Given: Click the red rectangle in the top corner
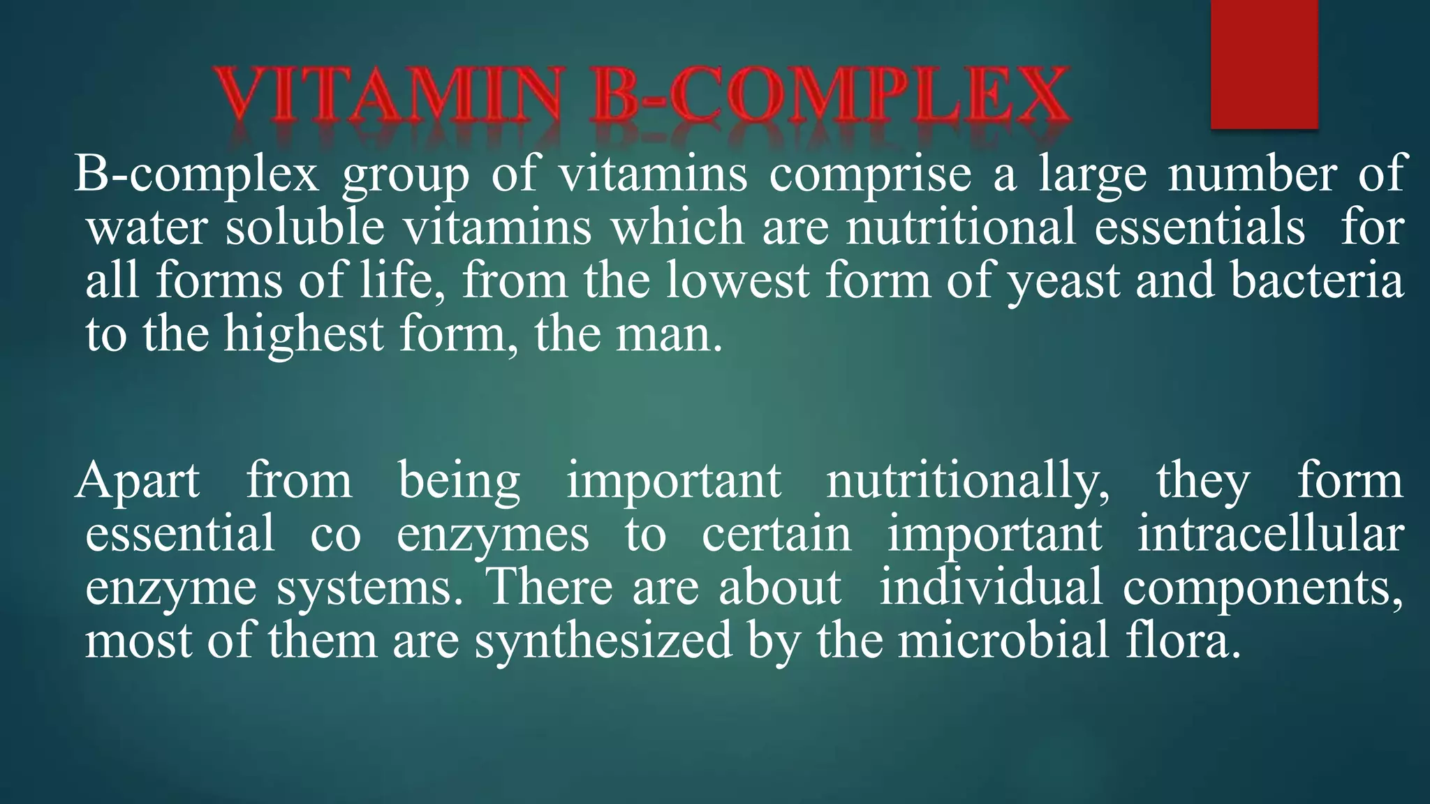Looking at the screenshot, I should [x=1264, y=64].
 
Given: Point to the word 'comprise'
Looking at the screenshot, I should [x=869, y=174].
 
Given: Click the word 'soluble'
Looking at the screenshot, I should [x=304, y=228].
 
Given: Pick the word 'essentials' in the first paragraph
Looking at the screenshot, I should [x=1199, y=228].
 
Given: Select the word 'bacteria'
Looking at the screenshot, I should [x=1316, y=281].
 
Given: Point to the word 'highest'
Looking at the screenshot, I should [x=304, y=334].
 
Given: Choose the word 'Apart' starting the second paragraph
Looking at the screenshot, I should [x=138, y=482].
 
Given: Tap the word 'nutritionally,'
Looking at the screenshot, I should [x=967, y=482].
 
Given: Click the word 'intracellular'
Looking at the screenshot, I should [x=1270, y=535].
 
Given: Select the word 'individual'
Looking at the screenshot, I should [x=990, y=588].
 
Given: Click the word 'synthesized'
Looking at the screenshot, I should [x=603, y=641].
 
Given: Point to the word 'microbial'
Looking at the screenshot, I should [x=1003, y=641].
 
